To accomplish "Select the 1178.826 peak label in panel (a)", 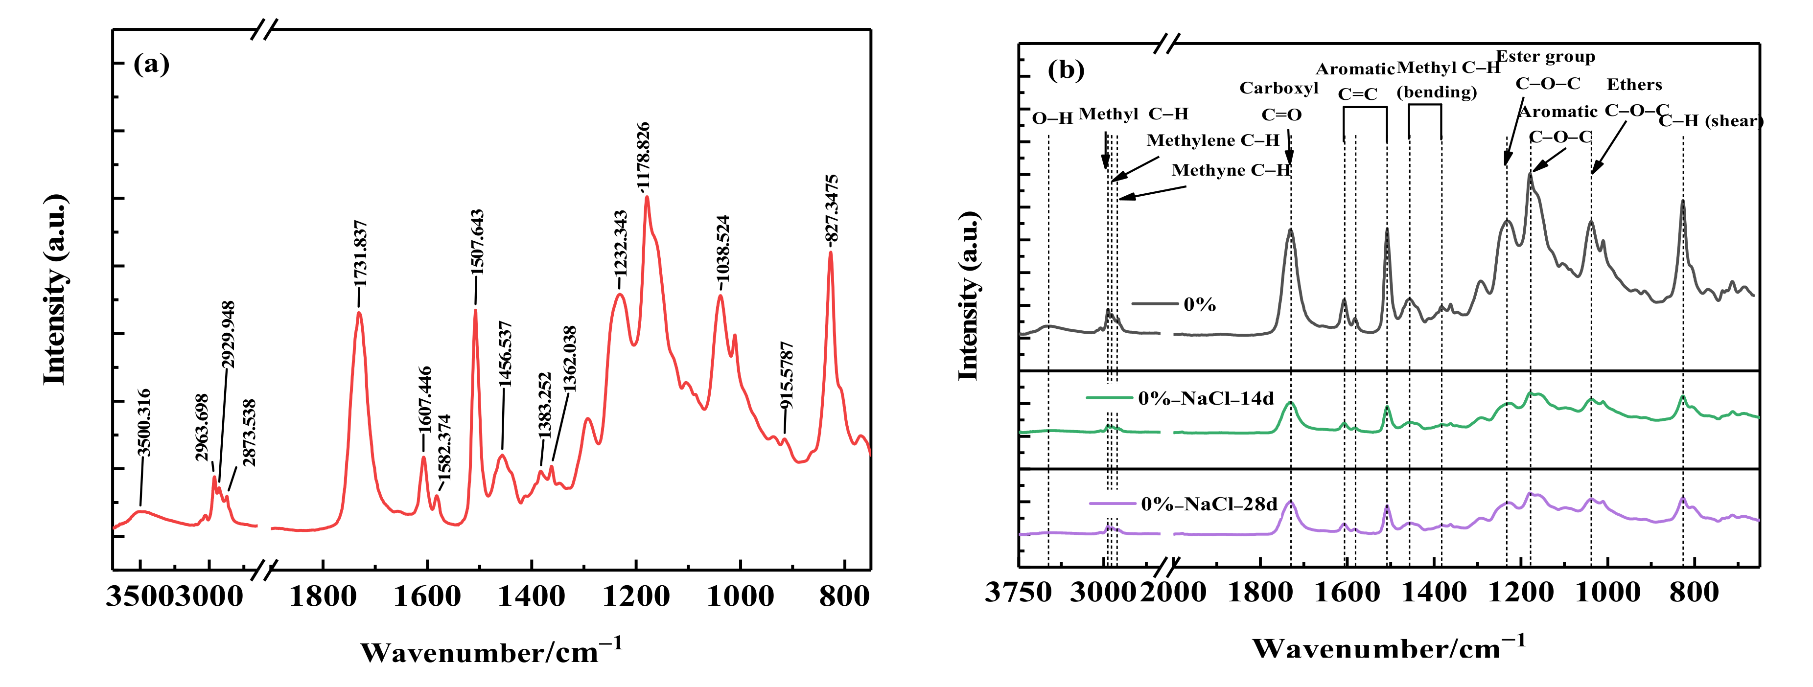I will click(643, 156).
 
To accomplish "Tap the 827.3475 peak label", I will click(832, 208).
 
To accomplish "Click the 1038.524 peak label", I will click(723, 249).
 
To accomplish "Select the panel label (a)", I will click(151, 64).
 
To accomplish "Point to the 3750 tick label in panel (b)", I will click(1018, 593).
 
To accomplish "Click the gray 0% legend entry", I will click(1199, 305).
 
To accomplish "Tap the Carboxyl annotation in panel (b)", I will click(1279, 89).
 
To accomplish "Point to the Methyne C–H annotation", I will click(1230, 170).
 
